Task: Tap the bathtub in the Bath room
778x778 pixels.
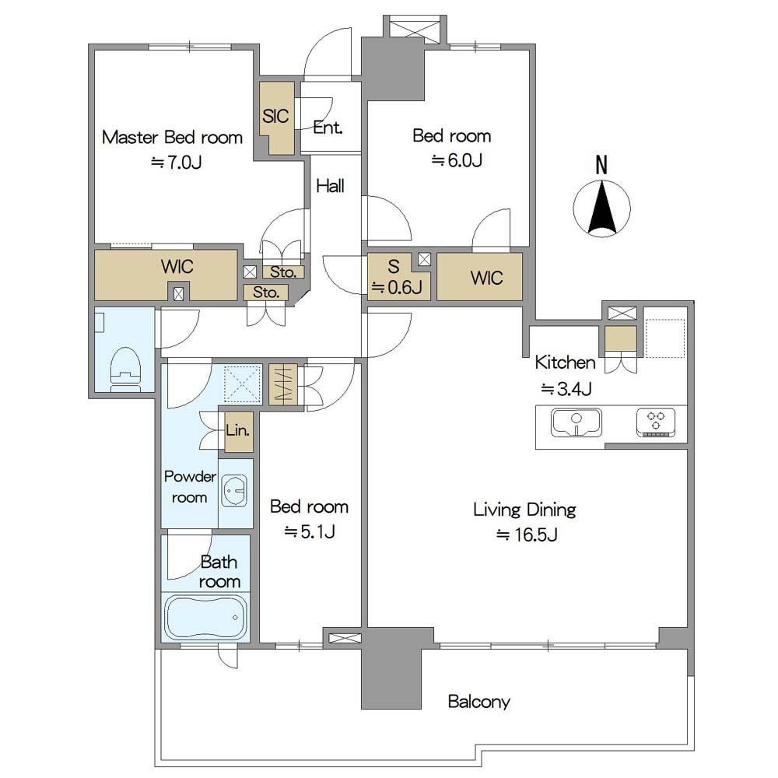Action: pyautogui.click(x=205, y=617)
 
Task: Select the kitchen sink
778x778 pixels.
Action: pyautogui.click(x=576, y=422)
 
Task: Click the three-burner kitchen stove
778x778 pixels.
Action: pyautogui.click(x=655, y=422)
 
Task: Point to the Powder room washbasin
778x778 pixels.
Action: pyautogui.click(x=233, y=491)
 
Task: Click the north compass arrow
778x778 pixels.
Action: pyautogui.click(x=602, y=208)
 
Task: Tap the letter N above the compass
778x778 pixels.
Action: pyautogui.click(x=601, y=165)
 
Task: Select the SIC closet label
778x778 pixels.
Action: pyautogui.click(x=275, y=116)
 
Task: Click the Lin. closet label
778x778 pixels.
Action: pyautogui.click(x=237, y=429)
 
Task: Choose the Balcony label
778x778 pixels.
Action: pyautogui.click(x=478, y=701)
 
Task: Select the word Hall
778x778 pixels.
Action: pyautogui.click(x=331, y=186)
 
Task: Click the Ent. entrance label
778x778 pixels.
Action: pyautogui.click(x=328, y=128)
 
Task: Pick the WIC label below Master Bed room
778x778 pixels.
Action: pyautogui.click(x=177, y=266)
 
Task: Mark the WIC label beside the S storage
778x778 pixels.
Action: pyautogui.click(x=487, y=278)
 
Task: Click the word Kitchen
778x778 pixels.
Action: pyautogui.click(x=565, y=363)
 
